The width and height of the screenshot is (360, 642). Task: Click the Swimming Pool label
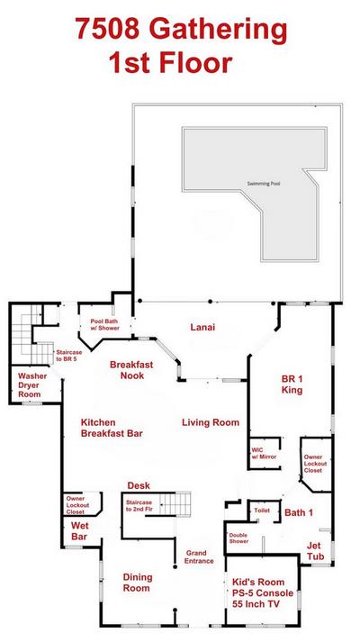pos(264,184)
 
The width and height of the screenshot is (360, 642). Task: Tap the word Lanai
pos(202,327)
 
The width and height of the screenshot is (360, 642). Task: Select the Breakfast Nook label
pos(131,370)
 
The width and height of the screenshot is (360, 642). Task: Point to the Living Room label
pos(211,422)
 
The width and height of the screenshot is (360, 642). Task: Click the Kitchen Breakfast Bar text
pos(112,428)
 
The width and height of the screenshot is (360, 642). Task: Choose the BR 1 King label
pos(292,384)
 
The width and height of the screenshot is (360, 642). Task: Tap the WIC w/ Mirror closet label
pos(264,453)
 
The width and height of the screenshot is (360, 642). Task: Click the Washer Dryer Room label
pos(32,384)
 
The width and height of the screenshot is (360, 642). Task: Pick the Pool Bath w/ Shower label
pos(105,325)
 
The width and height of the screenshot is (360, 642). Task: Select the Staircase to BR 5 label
pos(69,356)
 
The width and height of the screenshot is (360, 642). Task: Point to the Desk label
pos(139,485)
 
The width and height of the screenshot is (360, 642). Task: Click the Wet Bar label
pos(79,530)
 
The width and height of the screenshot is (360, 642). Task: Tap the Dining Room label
pos(138,583)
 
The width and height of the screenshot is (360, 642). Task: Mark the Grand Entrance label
pos(199,556)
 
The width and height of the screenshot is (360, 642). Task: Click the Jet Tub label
pos(315,551)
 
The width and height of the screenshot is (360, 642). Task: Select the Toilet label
pos(262,511)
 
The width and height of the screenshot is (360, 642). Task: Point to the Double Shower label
pos(238,538)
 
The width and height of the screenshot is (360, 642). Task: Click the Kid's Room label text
pos(258,582)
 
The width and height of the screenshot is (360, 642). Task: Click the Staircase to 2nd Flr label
pos(139,506)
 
